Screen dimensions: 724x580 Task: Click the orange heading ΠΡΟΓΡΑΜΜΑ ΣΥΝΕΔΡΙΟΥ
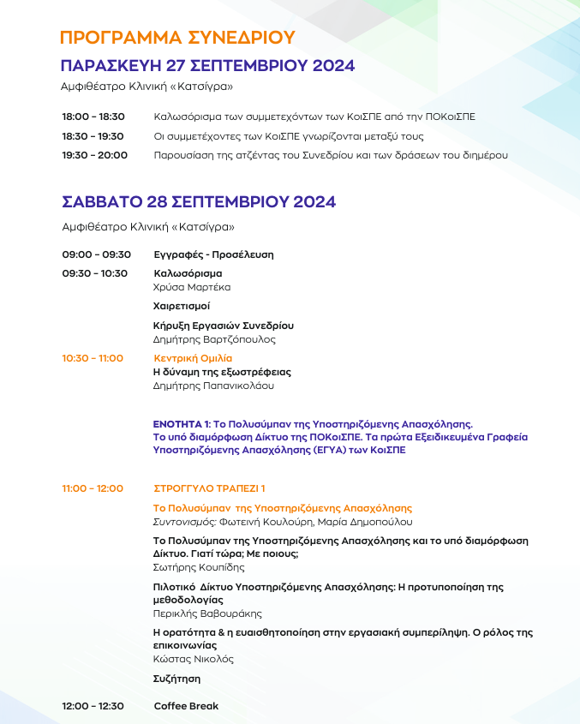click(x=177, y=38)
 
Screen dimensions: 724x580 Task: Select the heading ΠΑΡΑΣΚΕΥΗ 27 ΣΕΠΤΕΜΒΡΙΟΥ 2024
click(x=207, y=67)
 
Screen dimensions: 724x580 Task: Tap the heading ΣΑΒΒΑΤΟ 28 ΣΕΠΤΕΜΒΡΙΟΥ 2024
click(x=199, y=202)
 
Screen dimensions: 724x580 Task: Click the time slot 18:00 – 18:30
click(x=93, y=117)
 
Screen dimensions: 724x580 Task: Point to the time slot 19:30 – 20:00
click(x=94, y=155)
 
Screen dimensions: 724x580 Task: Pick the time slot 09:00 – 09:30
click(x=96, y=254)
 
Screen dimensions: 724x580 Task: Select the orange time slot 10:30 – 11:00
click(x=93, y=358)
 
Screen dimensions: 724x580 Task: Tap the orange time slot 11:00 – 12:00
click(x=93, y=488)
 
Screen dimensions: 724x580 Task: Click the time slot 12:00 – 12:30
click(x=93, y=706)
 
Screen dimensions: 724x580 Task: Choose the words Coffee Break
click(x=186, y=706)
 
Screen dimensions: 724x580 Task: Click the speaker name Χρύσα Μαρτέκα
click(x=191, y=287)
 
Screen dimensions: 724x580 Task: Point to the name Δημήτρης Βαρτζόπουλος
click(x=214, y=339)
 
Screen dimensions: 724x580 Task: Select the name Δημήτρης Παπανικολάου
click(x=213, y=386)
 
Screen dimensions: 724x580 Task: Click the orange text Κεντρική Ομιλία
click(x=193, y=358)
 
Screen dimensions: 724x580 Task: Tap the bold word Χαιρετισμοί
click(x=181, y=306)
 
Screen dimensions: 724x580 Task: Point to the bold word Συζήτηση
click(x=176, y=679)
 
